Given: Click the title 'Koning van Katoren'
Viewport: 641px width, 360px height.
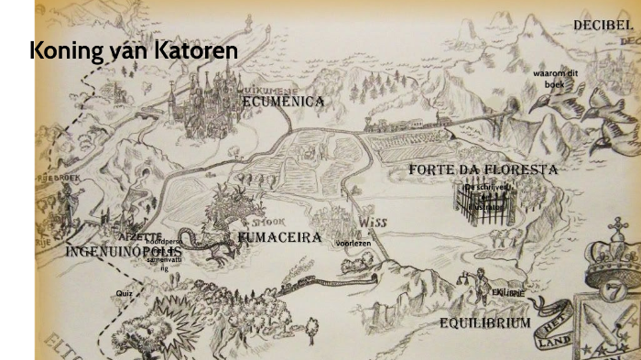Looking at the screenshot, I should (134, 51).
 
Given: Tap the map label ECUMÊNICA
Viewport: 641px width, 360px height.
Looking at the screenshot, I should (284, 101).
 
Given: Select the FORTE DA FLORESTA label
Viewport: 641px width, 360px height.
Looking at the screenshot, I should (483, 169).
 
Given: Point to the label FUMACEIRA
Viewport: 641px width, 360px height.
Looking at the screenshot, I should (279, 237).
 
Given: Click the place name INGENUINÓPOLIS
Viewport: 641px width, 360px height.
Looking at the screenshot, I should (123, 251).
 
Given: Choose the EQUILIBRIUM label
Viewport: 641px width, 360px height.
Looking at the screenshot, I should (484, 323).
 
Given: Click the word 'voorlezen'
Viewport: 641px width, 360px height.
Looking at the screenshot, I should (353, 244).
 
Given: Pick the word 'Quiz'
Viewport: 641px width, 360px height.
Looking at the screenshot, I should (125, 293).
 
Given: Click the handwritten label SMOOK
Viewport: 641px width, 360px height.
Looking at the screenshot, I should (270, 222).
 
